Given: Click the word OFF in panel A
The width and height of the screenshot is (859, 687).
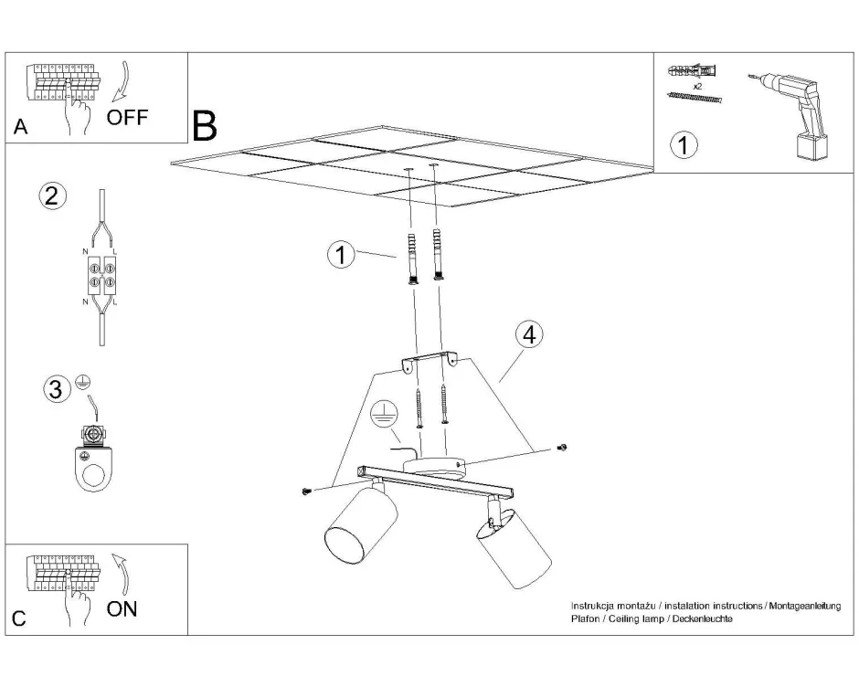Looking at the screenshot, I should point(127,118).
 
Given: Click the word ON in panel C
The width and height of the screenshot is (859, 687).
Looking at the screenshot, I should point(122,608).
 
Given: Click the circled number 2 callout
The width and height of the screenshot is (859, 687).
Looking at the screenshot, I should point(53,196).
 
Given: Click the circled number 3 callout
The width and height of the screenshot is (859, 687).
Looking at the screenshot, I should point(58,390).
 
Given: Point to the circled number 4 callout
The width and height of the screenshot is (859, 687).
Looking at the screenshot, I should point(527,334).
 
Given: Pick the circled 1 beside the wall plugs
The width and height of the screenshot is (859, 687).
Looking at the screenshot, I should point(341,255).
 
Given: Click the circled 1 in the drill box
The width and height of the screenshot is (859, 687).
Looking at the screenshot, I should point(684,144).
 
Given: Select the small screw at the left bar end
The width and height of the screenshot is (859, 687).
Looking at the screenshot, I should point(307,491).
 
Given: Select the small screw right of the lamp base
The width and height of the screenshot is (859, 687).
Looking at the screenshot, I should point(562,447).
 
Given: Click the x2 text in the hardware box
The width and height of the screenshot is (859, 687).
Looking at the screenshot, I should point(697,85).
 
